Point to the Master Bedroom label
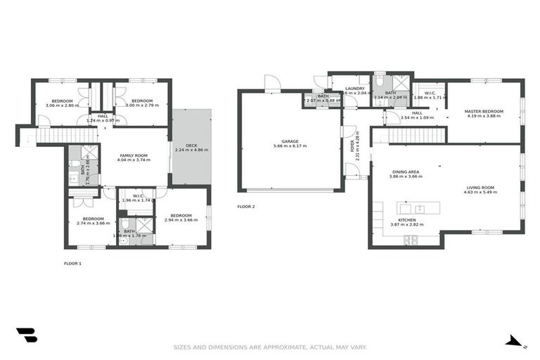[484, 111]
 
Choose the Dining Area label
[406, 172]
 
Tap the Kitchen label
[407, 220]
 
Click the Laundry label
[354, 89]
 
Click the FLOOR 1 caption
[72, 263]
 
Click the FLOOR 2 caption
[246, 207]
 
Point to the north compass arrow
[515, 342]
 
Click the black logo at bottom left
[26, 335]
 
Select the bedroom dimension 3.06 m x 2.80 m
[62, 105]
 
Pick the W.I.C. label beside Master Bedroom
[430, 94]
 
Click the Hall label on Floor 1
[103, 116]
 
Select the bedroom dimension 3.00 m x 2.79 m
[142, 105]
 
